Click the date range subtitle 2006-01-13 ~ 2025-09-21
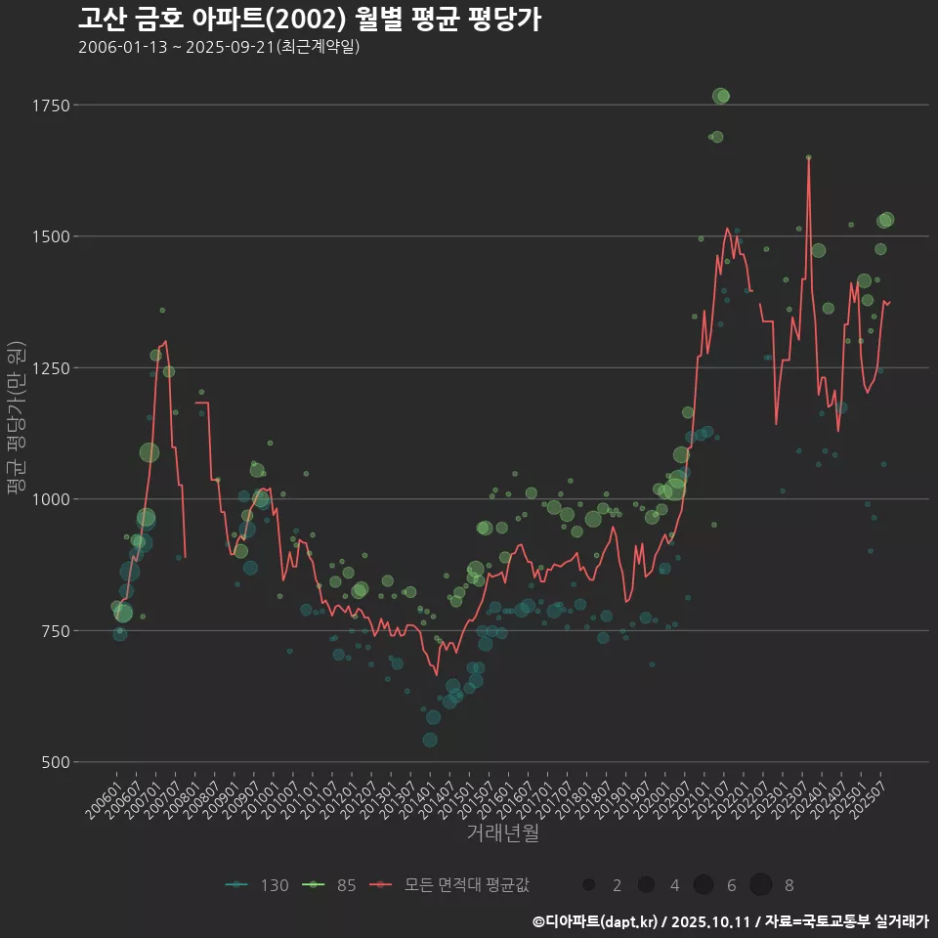pos(219,47)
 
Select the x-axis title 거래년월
pos(502,833)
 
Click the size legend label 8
pos(789,885)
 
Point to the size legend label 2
pos(616,885)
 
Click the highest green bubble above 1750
pos(721,96)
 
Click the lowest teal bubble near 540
pos(430,740)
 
